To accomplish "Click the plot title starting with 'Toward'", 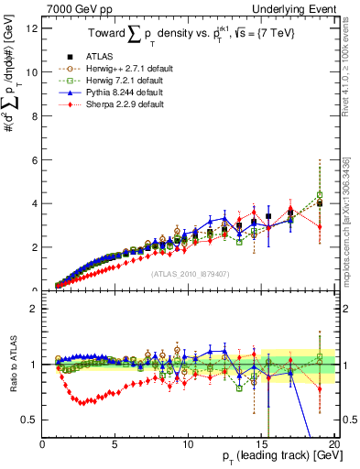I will coord(188,34).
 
